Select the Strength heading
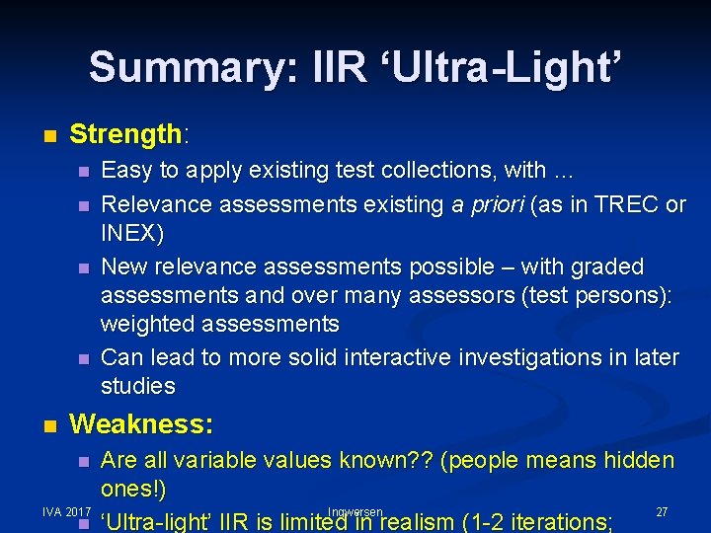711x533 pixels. tap(126, 133)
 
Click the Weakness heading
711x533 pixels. tap(141, 424)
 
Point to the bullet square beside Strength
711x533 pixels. tap(50, 135)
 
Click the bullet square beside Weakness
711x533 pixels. tap(50, 426)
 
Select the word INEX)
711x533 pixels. tap(133, 234)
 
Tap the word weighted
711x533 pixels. tap(151, 324)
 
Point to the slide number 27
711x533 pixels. tap(662, 511)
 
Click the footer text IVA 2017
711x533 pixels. tap(67, 511)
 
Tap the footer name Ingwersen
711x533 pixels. tap(355, 511)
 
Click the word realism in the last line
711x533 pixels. tap(419, 521)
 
